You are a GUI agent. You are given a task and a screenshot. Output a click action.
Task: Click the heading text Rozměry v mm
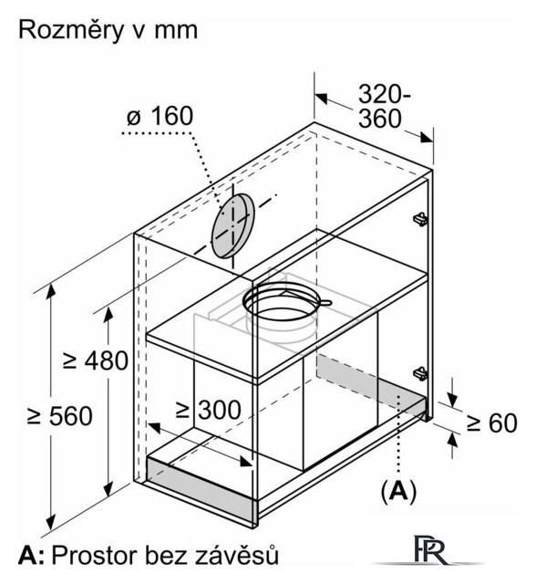click(108, 30)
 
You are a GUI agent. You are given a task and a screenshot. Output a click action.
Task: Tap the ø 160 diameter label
click(160, 116)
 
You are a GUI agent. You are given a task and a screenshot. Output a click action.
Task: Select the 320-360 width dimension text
click(384, 107)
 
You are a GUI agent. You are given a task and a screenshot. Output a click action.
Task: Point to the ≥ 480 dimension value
click(96, 360)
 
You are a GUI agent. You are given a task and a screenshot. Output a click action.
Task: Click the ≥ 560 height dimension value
click(60, 416)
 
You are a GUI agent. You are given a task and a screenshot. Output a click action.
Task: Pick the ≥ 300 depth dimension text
click(209, 410)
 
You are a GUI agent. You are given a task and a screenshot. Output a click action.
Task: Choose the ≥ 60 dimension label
click(491, 423)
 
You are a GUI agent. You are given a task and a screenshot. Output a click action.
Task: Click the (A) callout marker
click(398, 491)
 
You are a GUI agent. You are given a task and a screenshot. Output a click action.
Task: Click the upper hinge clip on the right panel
click(421, 219)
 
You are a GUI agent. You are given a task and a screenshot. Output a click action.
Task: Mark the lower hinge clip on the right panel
click(421, 373)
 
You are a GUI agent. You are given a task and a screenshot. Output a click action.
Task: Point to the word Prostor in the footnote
click(94, 556)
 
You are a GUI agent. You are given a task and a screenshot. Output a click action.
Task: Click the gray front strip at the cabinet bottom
click(201, 489)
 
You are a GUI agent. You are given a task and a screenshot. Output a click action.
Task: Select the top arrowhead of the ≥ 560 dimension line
click(50, 291)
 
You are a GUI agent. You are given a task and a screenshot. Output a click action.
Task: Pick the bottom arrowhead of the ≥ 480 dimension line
click(108, 489)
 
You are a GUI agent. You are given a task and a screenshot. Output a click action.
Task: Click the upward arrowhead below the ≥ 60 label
click(452, 441)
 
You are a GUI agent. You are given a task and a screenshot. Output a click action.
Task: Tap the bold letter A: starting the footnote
click(31, 556)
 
